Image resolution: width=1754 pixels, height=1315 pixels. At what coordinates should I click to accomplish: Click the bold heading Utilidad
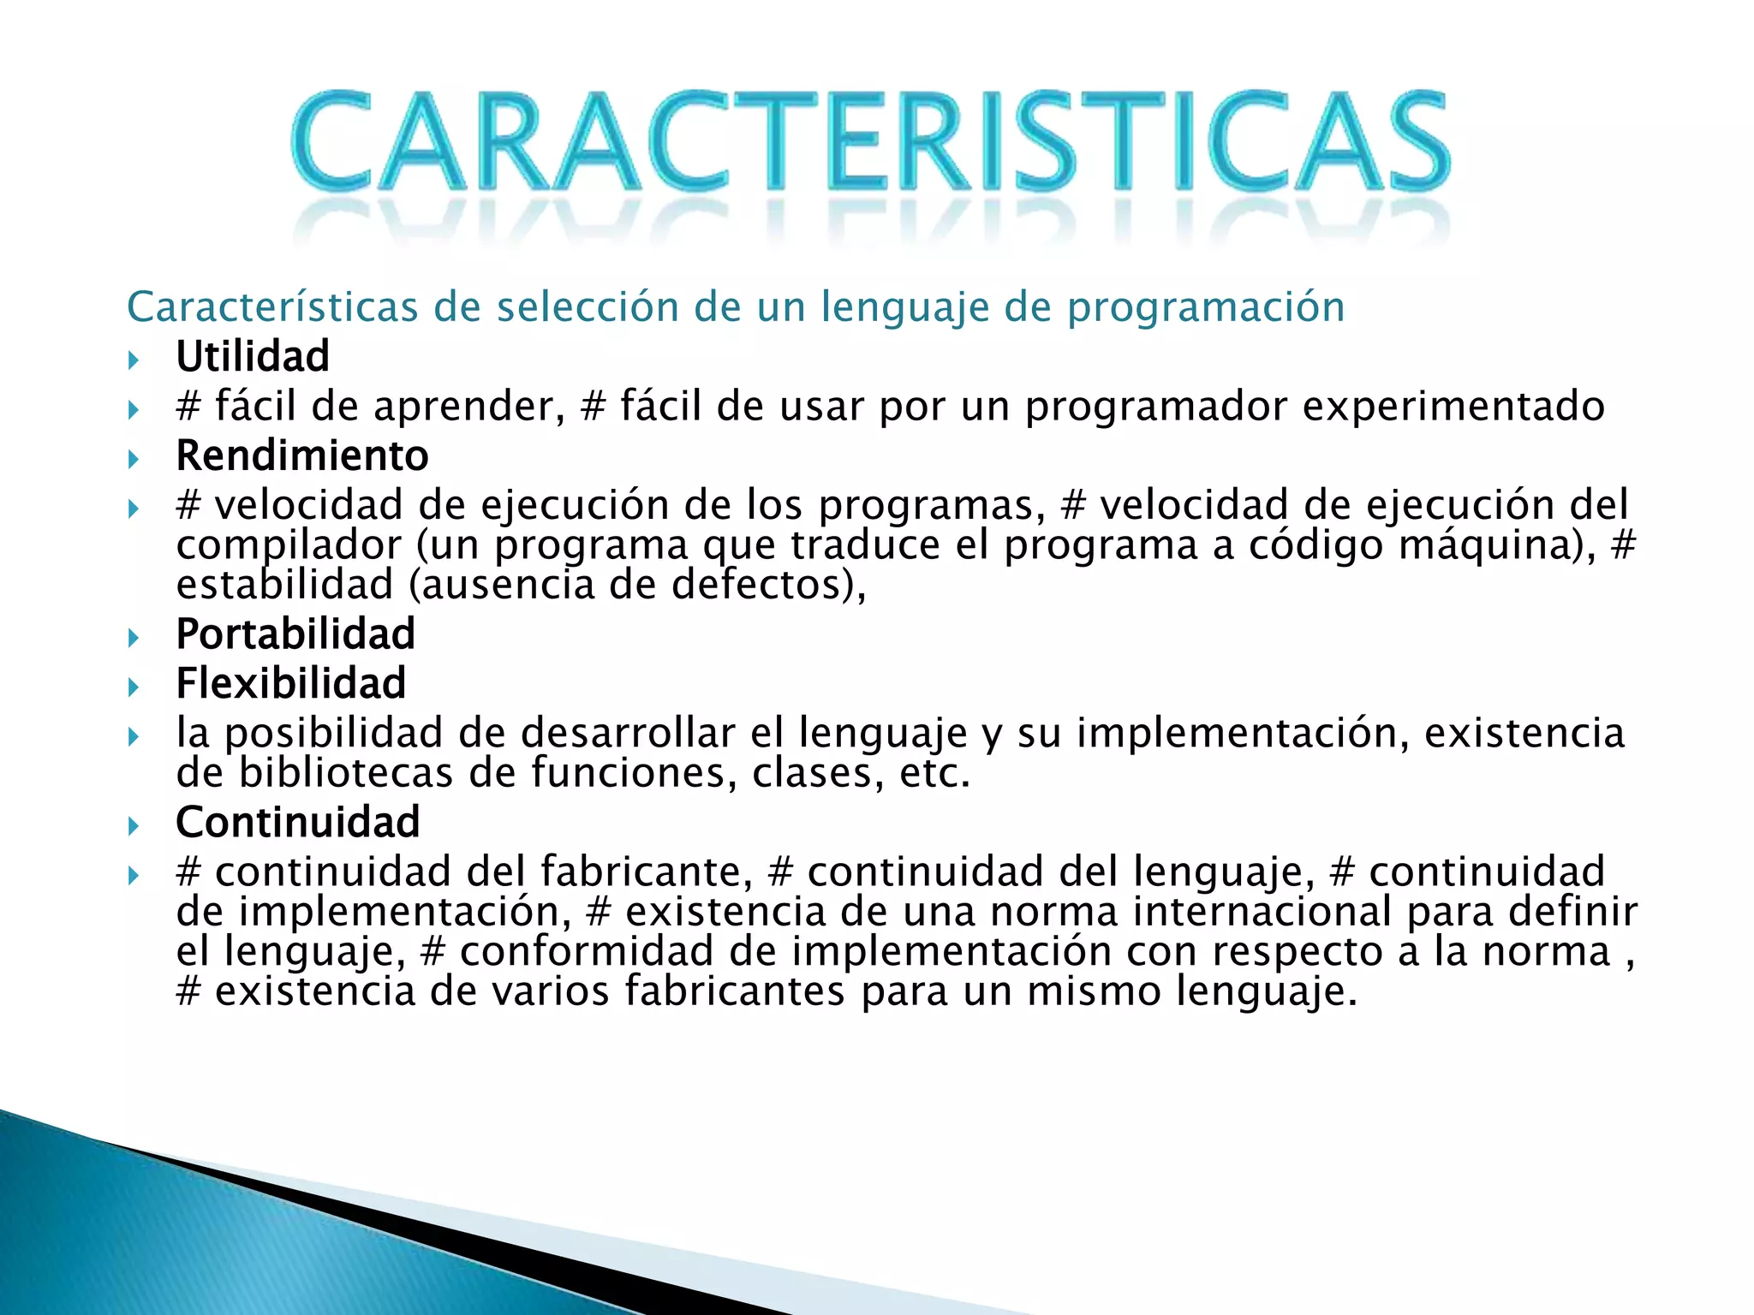tap(253, 356)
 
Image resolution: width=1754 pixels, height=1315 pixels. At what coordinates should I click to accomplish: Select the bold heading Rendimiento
tap(301, 455)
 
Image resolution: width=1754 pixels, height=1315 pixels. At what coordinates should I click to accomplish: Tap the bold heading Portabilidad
tap(295, 634)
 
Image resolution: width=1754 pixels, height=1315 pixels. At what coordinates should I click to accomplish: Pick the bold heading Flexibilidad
tap(290, 683)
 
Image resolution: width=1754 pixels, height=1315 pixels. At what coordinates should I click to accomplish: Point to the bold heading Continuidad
tap(297, 822)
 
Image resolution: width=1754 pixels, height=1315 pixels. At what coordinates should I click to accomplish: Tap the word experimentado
tap(1453, 406)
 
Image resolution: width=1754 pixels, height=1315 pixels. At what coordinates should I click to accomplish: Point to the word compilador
tap(289, 546)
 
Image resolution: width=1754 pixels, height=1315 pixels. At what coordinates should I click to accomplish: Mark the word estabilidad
tap(284, 585)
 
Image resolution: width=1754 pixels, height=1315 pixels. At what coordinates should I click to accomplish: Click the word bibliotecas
tap(345, 773)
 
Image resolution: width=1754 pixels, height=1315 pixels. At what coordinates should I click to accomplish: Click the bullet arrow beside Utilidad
tap(134, 360)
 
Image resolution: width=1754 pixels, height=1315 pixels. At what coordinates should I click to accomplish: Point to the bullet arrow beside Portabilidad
tap(134, 637)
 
